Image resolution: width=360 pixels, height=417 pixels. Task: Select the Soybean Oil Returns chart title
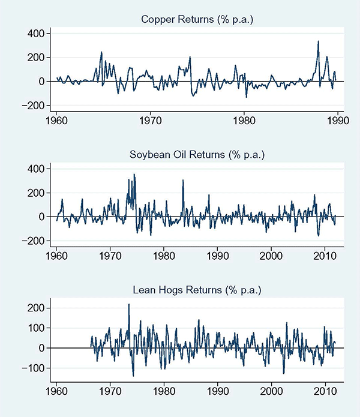pos(197,155)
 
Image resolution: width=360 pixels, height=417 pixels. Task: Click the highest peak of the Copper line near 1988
pos(318,41)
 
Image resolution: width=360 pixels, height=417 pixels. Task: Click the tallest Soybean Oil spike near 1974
pos(134,175)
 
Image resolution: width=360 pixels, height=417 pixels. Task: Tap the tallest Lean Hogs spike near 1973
pos(129,305)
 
